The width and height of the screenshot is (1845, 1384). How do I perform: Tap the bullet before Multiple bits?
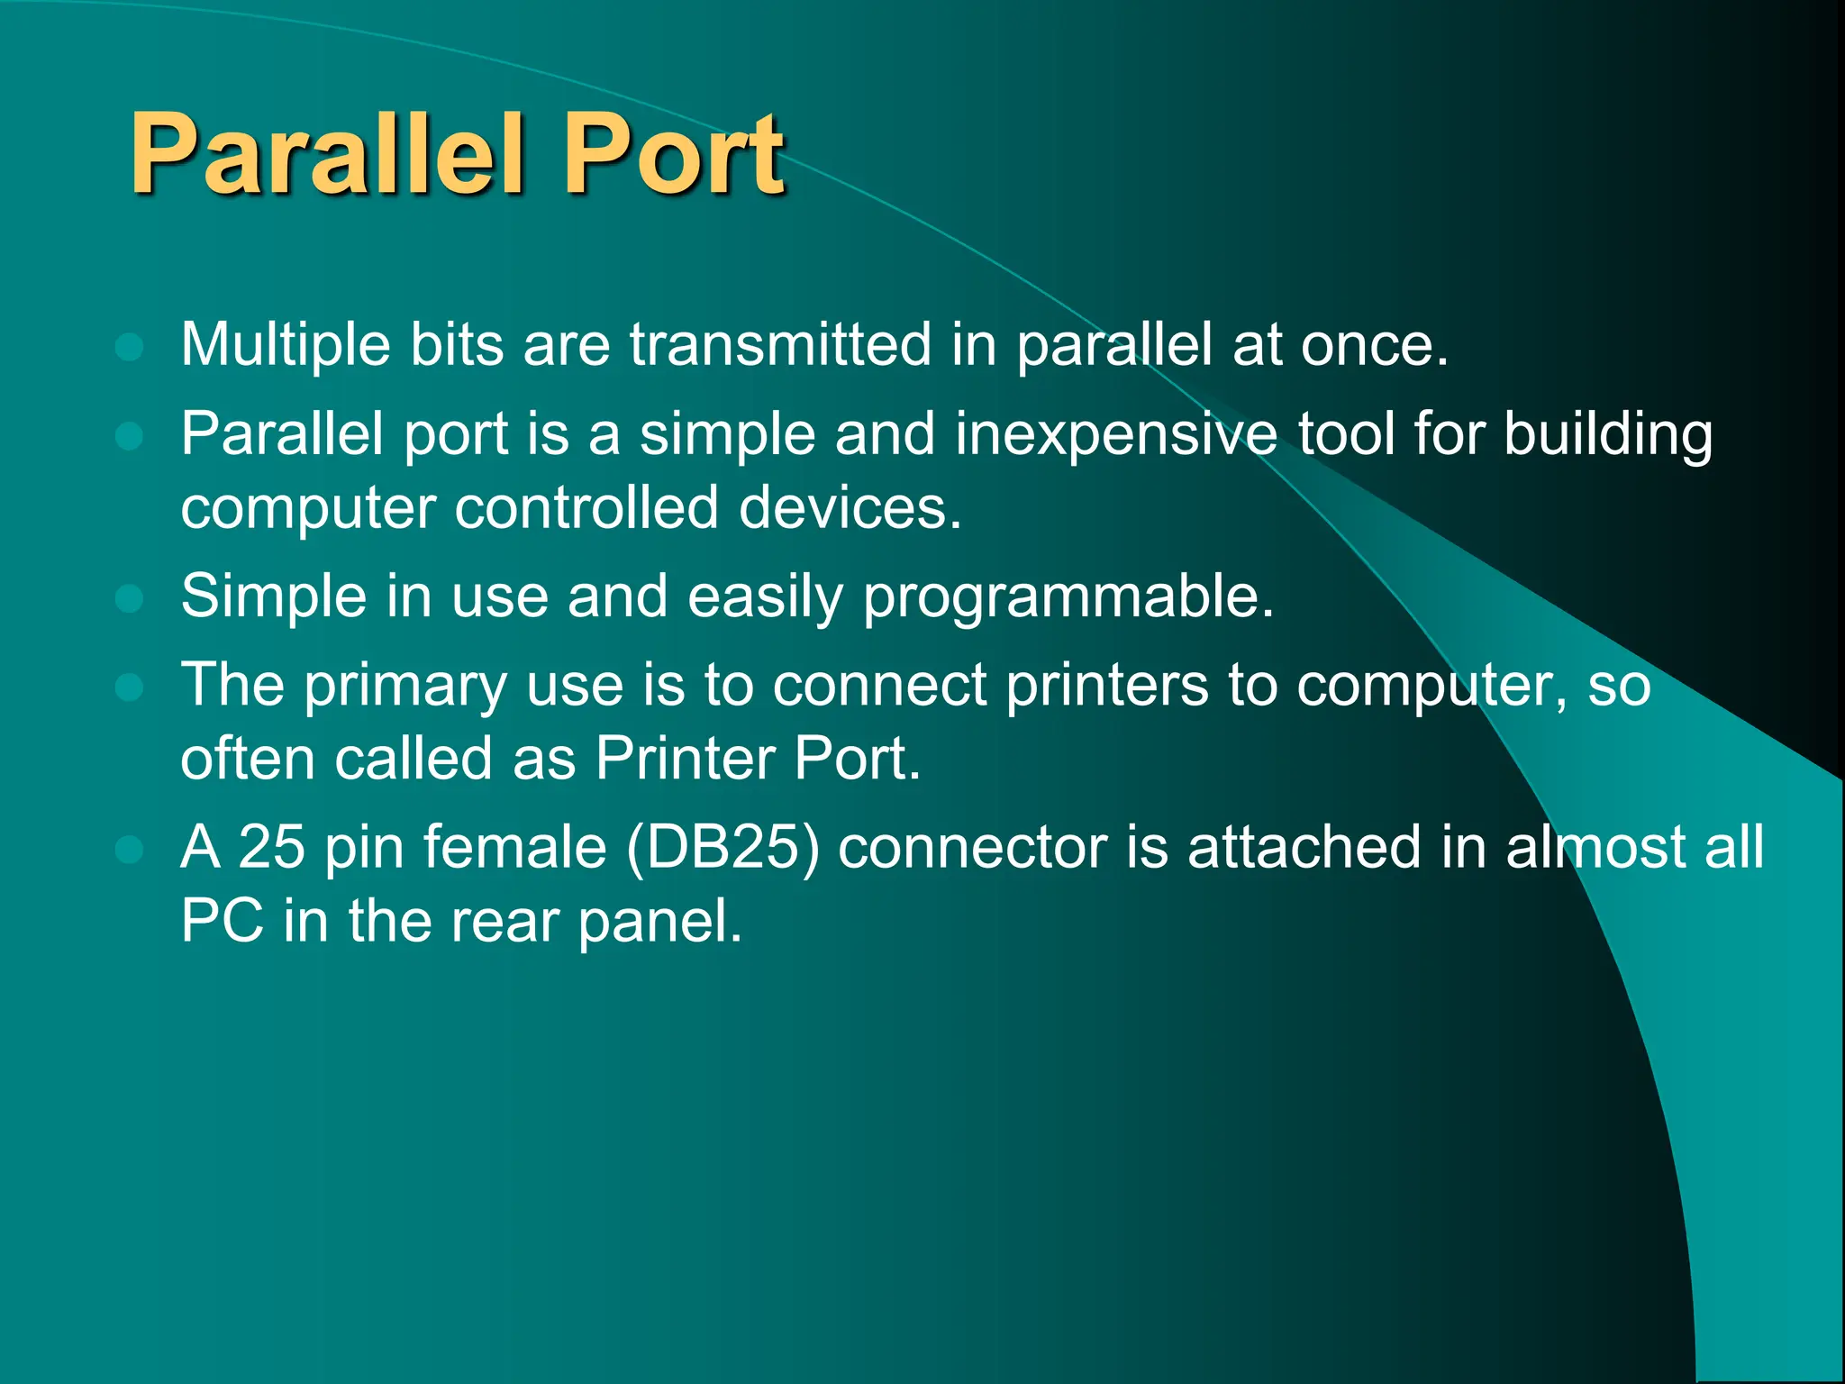130,347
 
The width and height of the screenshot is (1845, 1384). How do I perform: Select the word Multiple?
286,345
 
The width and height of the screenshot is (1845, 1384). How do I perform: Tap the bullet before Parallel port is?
130,437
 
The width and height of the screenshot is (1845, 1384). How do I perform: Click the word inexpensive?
1115,435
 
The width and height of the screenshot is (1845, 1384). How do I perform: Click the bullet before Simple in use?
130,598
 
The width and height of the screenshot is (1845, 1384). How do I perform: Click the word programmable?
1068,598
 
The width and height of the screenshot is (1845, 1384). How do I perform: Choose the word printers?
1106,687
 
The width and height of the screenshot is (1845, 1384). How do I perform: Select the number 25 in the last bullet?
271,848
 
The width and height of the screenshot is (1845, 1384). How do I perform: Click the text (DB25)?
723,849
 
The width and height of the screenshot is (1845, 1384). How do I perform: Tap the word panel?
659,922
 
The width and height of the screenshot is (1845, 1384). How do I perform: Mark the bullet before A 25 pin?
130,850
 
